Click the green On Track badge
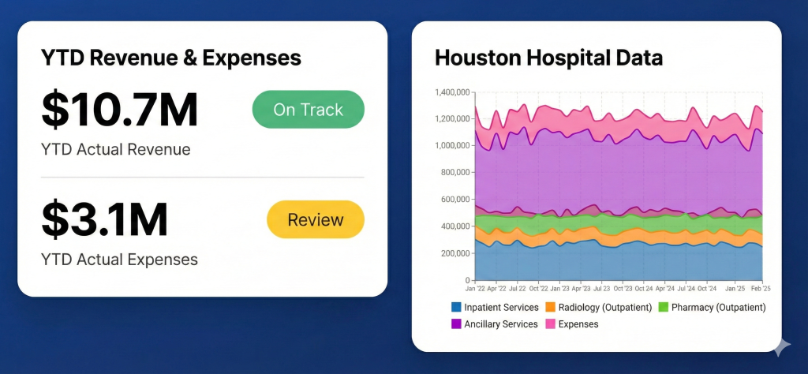[308, 110]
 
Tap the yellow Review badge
[316, 219]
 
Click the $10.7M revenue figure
[120, 110]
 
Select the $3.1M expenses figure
[105, 220]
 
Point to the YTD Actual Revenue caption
[116, 149]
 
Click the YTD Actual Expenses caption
[120, 259]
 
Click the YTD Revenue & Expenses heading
[171, 58]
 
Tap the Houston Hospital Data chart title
[549, 58]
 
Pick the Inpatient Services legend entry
[495, 307]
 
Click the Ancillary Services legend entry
[495, 324]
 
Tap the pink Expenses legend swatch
[552, 324]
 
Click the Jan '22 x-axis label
[475, 289]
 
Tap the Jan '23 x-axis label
[559, 289]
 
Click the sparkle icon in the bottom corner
[782, 346]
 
